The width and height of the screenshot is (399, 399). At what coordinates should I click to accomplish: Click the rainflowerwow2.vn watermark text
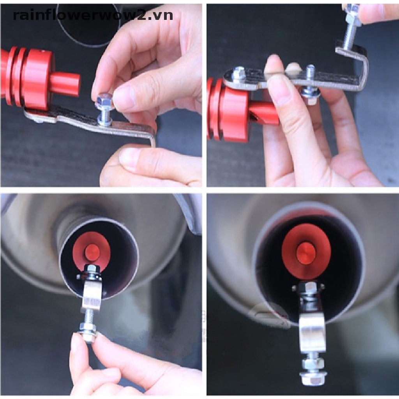coord(93,15)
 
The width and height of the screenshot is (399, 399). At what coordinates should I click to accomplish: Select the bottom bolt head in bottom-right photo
coord(311,379)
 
